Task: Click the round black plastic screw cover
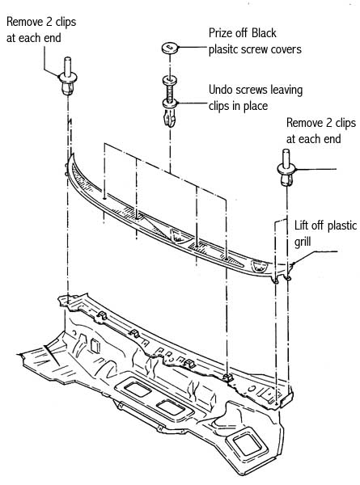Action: [x=170, y=48]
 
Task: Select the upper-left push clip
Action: [x=68, y=76]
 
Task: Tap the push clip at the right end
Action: [x=286, y=167]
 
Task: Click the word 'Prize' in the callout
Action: [x=220, y=33]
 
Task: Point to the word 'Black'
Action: [x=264, y=33]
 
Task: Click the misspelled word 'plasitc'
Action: [x=224, y=49]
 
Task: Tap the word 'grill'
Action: [x=303, y=242]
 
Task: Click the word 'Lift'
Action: [x=301, y=226]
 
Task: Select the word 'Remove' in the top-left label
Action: [x=25, y=22]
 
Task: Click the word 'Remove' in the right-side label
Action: [x=305, y=123]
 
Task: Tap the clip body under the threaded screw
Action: [x=170, y=113]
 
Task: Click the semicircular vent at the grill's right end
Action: [x=259, y=266]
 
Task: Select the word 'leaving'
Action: [x=286, y=91]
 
